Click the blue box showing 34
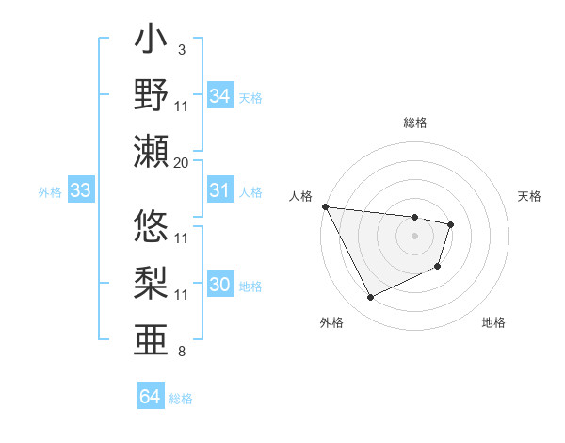pos(219,96)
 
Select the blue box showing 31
pos(219,190)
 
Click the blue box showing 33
pos(80,191)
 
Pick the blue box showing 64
pos(150,397)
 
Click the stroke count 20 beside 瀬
pos(182,162)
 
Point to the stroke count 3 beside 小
pos(182,49)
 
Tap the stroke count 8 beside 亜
pos(182,352)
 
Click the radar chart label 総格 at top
pos(415,123)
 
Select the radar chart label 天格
pos(529,196)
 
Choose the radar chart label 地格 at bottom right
pos(493,322)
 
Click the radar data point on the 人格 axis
pos(325,206)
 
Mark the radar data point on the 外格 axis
pos(370,298)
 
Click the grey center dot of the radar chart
pos(414,236)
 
